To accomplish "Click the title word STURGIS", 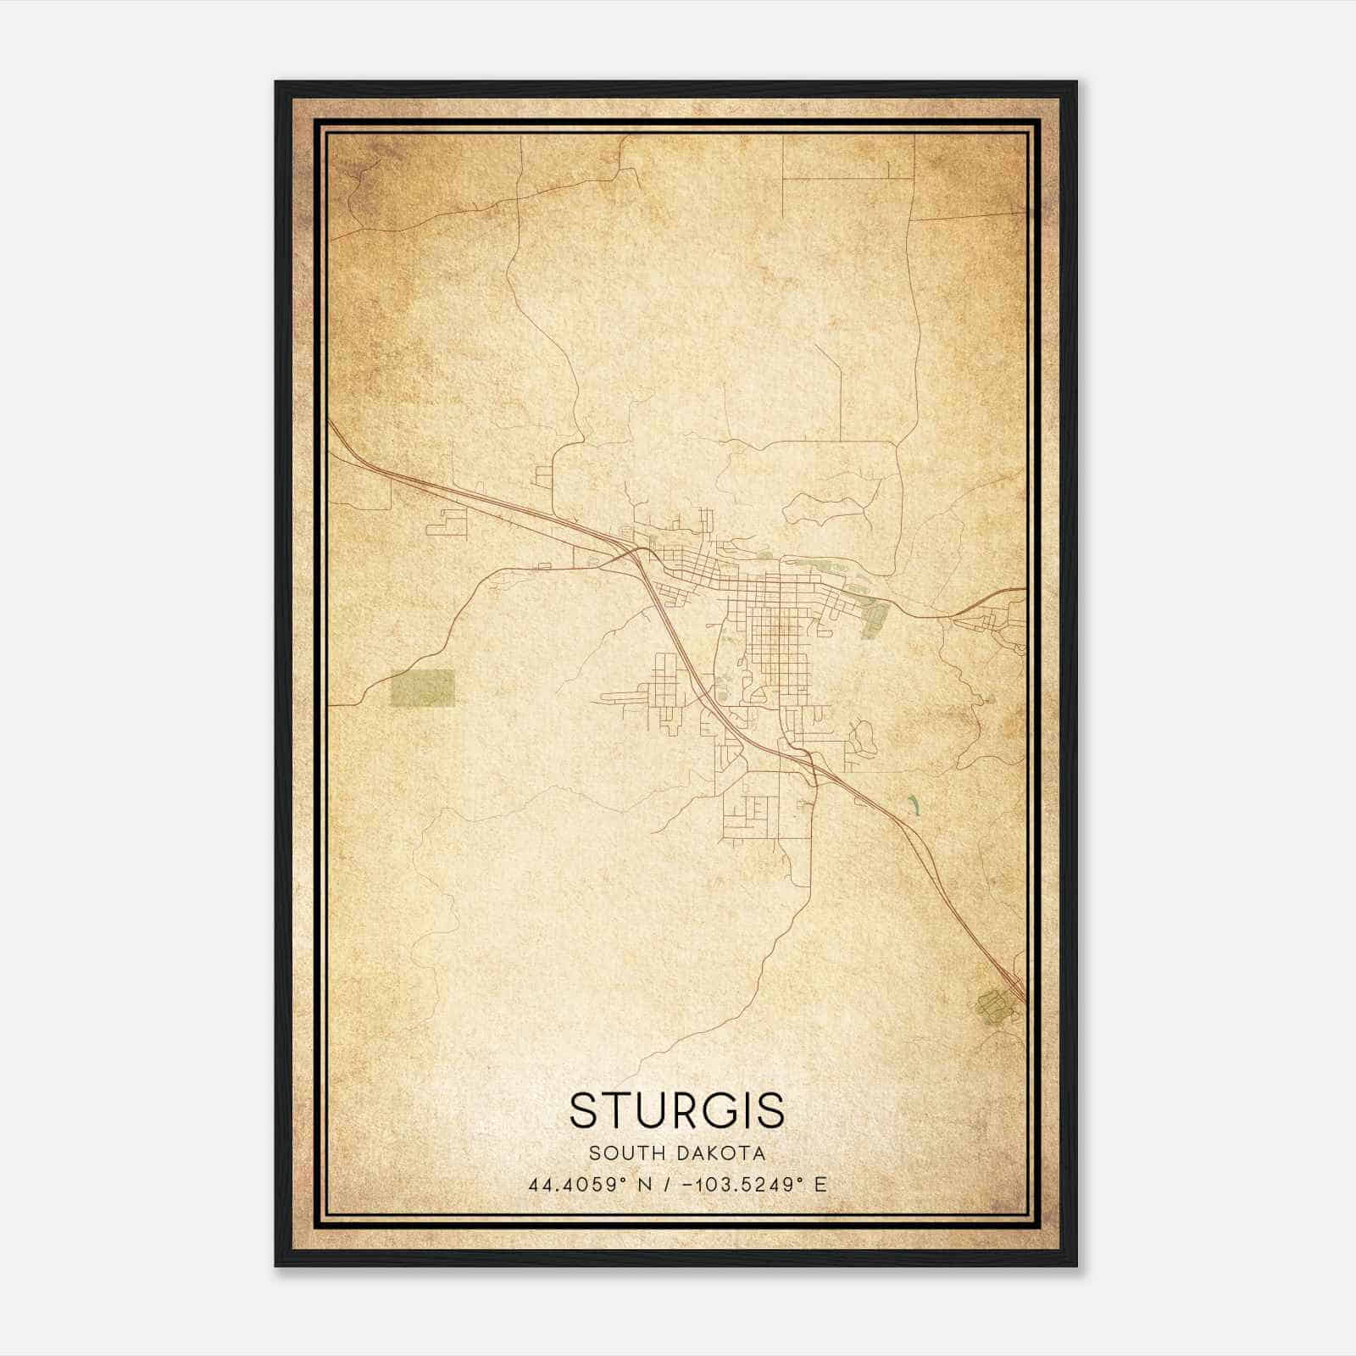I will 677,1110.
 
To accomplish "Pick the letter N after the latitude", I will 645,1185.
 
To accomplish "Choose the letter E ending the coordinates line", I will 820,1185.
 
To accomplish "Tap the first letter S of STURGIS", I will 583,1110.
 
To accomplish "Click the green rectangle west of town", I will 422,687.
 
